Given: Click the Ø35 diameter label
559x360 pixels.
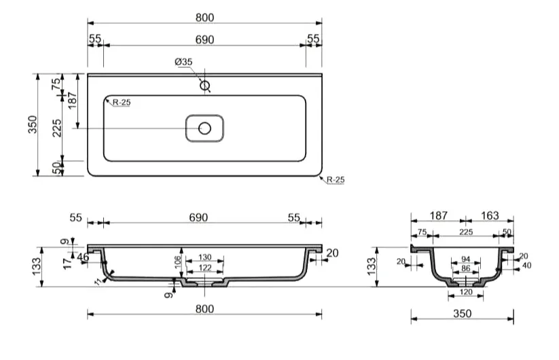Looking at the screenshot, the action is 183,62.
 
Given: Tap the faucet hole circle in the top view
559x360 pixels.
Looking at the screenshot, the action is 204,86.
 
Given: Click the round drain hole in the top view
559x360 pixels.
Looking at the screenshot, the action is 204,128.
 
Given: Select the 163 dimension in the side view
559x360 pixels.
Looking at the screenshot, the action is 490,215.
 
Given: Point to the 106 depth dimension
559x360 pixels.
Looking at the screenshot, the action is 178,263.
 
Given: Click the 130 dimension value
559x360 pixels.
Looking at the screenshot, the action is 205,257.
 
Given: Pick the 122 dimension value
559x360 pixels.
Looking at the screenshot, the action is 205,268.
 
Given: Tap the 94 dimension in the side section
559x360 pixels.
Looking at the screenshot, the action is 465,259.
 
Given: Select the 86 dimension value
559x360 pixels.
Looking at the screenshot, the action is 465,268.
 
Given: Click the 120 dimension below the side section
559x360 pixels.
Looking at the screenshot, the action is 466,292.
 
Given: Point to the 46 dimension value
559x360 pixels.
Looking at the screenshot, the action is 83,257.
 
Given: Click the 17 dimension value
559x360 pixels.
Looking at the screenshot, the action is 67,264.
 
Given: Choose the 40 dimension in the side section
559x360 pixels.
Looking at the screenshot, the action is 526,265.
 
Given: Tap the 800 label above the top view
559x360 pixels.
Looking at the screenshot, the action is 205,18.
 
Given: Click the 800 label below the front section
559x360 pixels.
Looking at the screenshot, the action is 205,308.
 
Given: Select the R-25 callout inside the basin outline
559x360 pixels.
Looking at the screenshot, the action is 122,103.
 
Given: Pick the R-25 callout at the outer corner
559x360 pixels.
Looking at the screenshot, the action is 336,179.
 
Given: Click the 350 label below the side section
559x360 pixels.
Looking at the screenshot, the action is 463,313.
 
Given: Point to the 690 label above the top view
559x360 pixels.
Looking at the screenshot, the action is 204,39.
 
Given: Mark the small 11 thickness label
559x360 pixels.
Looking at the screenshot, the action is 98,282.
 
